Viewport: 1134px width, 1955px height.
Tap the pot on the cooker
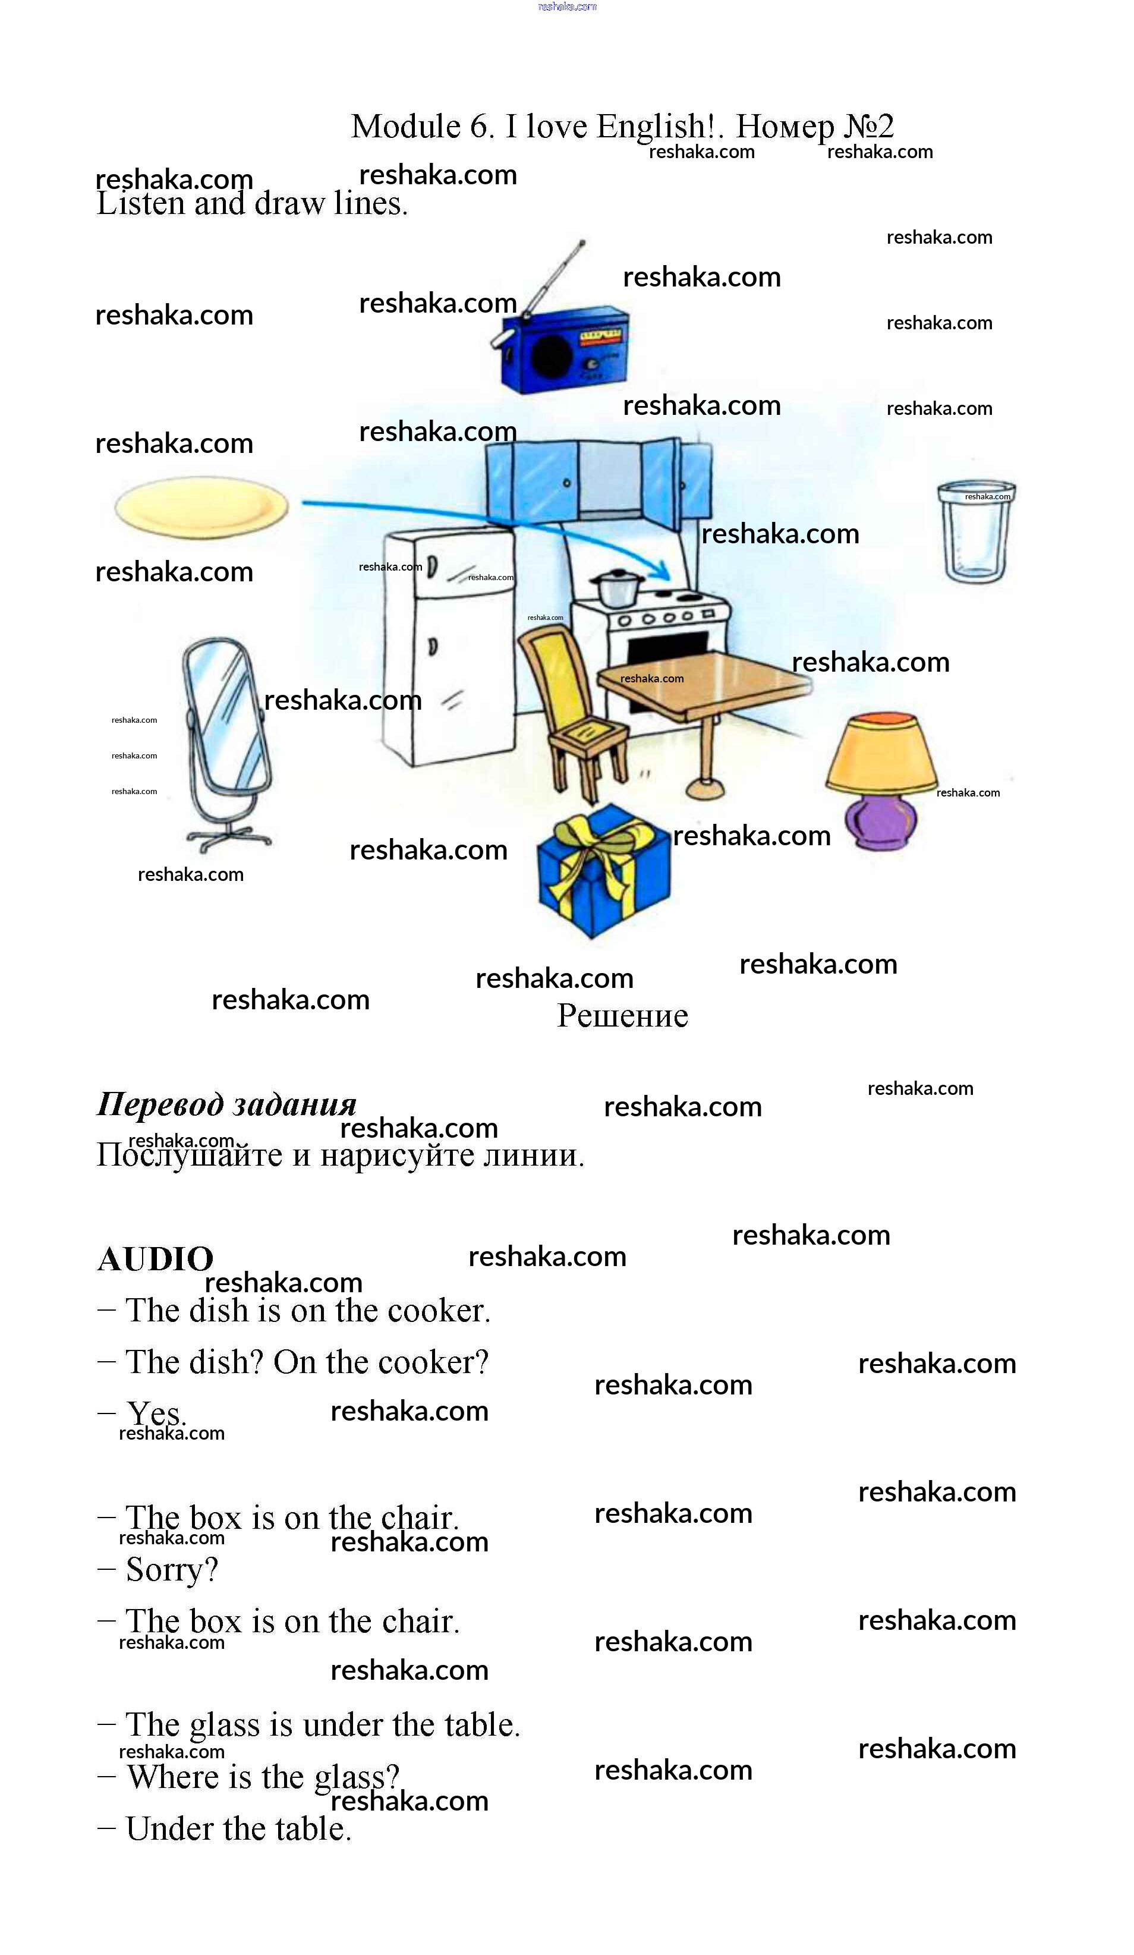617,587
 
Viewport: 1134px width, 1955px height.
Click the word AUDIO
155,1258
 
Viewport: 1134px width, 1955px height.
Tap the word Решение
622,1015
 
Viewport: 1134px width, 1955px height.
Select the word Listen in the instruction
140,204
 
